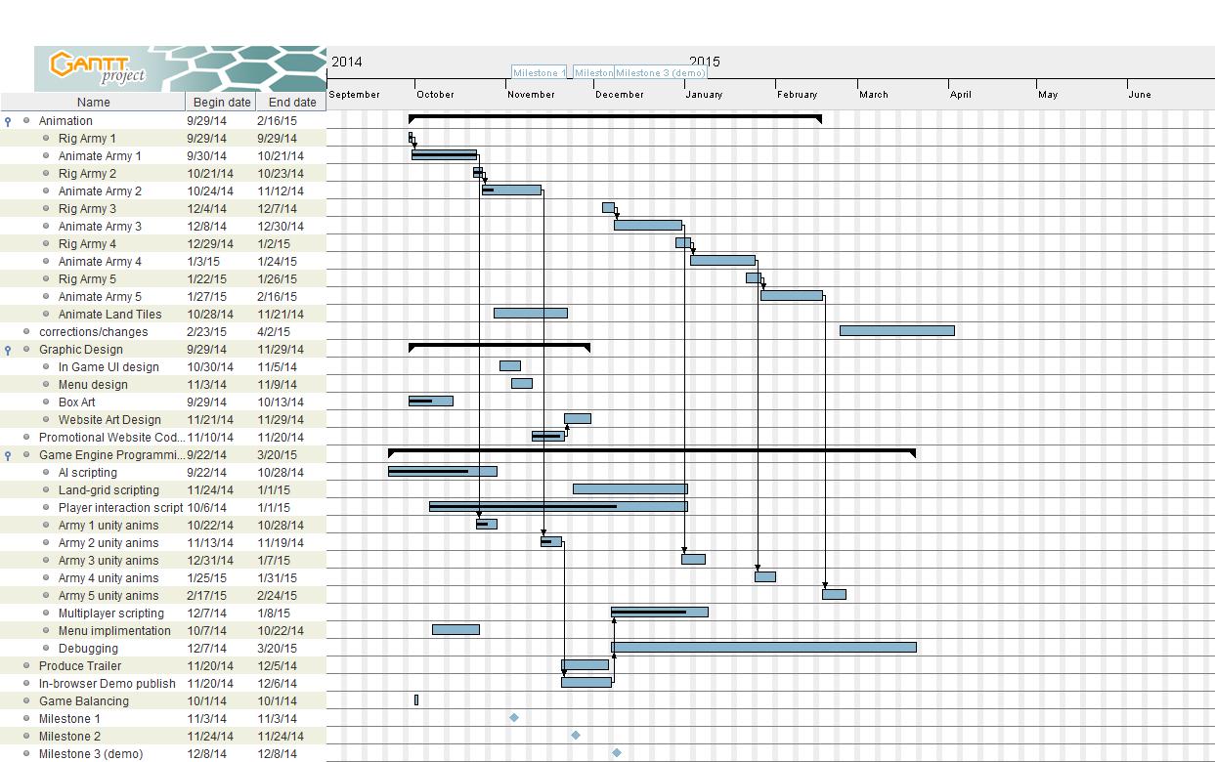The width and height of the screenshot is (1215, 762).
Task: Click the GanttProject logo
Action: tap(98, 67)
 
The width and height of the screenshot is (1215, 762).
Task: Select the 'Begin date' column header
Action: tap(222, 102)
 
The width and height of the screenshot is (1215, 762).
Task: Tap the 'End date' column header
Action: tap(292, 102)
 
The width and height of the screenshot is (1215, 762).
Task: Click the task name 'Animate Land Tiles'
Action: tap(109, 314)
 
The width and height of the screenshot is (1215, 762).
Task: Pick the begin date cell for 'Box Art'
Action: tap(206, 402)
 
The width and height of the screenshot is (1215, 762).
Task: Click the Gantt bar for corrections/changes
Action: tap(896, 330)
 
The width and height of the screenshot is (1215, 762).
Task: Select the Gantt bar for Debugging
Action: tap(762, 647)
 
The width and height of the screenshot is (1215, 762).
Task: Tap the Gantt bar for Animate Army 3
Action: tap(647, 225)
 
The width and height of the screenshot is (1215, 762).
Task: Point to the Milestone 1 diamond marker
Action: tap(514, 718)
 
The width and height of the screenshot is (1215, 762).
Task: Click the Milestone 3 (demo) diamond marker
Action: tap(617, 753)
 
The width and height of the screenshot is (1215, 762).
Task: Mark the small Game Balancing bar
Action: tap(416, 699)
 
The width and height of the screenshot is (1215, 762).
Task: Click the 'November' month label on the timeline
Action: tap(532, 95)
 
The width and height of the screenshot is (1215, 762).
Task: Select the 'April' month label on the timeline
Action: tap(961, 95)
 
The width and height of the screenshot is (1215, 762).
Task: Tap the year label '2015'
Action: tap(704, 62)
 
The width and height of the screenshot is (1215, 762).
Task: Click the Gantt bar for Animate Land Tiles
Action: tap(530, 313)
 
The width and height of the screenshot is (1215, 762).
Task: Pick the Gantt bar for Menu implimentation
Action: tap(456, 629)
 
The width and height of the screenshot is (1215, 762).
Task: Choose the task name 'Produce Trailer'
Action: tap(80, 665)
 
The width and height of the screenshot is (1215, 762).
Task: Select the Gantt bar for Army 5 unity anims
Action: tap(834, 594)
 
